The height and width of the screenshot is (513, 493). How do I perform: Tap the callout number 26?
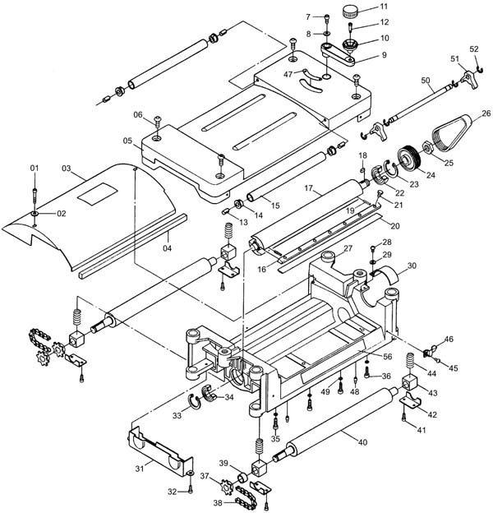[486, 113]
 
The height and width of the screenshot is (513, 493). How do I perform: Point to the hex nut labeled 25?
[427, 148]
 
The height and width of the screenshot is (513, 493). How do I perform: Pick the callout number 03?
[67, 169]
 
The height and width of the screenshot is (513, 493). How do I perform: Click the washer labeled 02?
[35, 214]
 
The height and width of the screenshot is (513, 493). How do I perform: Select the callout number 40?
[362, 442]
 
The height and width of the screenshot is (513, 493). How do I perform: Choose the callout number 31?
[140, 469]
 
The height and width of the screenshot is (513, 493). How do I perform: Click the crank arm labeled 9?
[338, 54]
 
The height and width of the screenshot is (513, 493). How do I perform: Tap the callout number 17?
[309, 188]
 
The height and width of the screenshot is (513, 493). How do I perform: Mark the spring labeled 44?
[411, 363]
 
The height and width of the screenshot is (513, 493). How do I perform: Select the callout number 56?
[387, 356]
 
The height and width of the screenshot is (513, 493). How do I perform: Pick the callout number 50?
[425, 81]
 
